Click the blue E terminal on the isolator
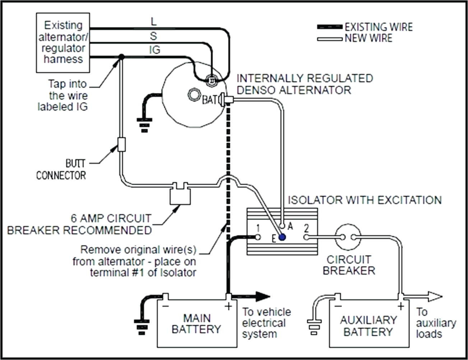(x=282, y=237)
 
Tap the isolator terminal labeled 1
(x=258, y=237)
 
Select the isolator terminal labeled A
(x=283, y=227)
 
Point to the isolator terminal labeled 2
(x=306, y=237)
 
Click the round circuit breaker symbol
(x=348, y=237)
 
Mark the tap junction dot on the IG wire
(x=122, y=57)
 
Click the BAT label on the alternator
(x=209, y=99)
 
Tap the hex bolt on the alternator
(x=194, y=94)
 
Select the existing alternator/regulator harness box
(x=63, y=42)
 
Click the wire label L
(x=154, y=22)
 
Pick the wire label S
(x=154, y=36)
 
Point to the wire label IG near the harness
(x=154, y=50)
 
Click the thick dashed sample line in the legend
(x=329, y=27)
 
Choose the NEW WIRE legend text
(x=369, y=38)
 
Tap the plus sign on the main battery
(x=228, y=306)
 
